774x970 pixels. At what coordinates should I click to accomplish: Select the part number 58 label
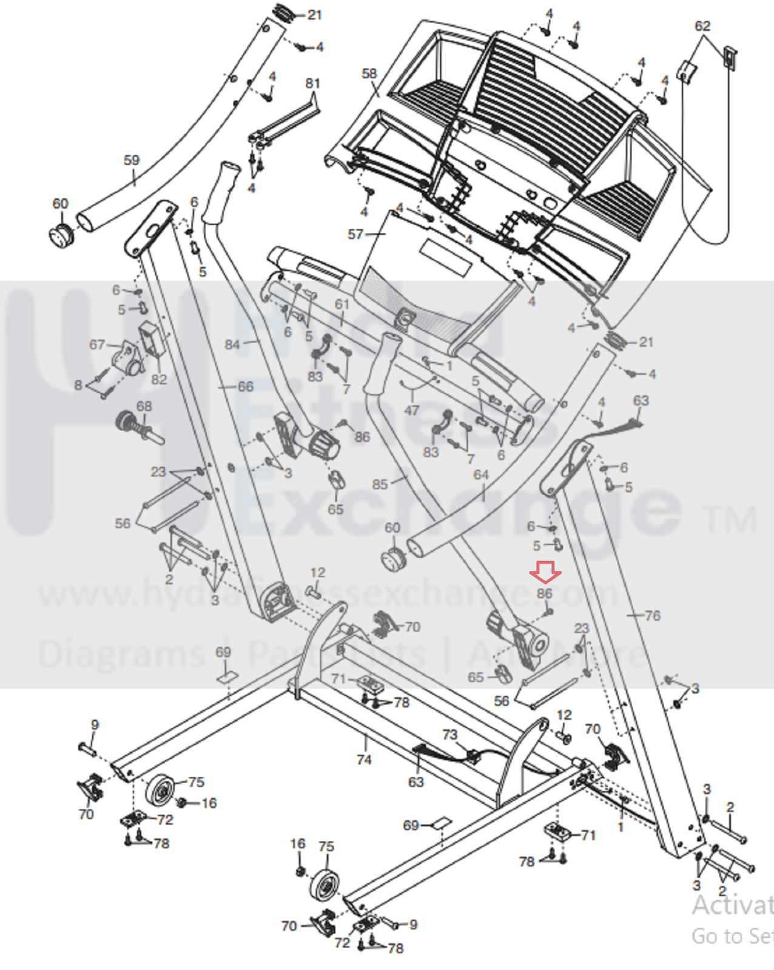[369, 73]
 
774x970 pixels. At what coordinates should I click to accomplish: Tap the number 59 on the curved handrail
[131, 161]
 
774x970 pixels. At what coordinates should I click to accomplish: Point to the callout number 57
[355, 234]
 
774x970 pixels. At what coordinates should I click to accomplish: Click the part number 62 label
[702, 26]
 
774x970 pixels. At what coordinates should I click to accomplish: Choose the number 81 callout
[312, 83]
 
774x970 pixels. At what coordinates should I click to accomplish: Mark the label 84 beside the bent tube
[232, 345]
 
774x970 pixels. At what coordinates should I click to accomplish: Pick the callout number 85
[380, 484]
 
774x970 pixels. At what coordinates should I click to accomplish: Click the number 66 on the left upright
[245, 386]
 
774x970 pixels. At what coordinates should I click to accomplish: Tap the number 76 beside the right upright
[652, 616]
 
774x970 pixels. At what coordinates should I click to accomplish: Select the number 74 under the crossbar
[364, 759]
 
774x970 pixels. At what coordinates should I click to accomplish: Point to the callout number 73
[449, 735]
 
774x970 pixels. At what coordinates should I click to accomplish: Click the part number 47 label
[412, 410]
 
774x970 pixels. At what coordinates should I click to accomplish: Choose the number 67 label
[97, 345]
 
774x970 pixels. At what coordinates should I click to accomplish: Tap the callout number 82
[158, 380]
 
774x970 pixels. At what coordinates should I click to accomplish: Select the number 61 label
[342, 304]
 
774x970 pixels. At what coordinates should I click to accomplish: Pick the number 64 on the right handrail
[480, 475]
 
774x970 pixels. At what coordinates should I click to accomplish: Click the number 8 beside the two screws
[78, 385]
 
